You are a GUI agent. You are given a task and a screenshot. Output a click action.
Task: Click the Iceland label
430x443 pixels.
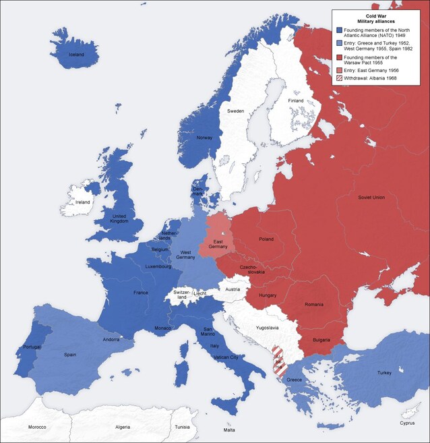click(x=77, y=55)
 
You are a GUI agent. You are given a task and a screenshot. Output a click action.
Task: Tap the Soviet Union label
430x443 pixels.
click(x=371, y=198)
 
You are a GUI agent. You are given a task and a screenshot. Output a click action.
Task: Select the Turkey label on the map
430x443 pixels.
click(x=384, y=373)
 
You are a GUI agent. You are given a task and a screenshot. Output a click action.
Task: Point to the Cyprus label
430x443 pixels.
click(x=406, y=423)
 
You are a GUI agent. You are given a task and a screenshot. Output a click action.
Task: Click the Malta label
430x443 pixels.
click(x=230, y=430)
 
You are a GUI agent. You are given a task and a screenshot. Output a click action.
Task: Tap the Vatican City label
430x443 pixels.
click(x=225, y=357)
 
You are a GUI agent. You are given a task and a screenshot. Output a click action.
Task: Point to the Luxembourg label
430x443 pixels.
click(x=159, y=267)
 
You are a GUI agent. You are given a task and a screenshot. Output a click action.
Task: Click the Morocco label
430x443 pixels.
click(x=37, y=427)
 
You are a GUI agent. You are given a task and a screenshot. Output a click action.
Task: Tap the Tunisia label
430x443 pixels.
click(x=183, y=427)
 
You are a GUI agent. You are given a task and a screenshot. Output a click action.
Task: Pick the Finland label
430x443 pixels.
click(x=296, y=101)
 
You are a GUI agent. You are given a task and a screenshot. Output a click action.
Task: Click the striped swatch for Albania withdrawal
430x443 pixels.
click(x=339, y=78)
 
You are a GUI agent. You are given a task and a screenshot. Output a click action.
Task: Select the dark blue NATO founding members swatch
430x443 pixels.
click(x=339, y=31)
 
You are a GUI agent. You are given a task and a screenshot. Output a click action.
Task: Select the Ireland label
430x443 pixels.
click(x=82, y=202)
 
